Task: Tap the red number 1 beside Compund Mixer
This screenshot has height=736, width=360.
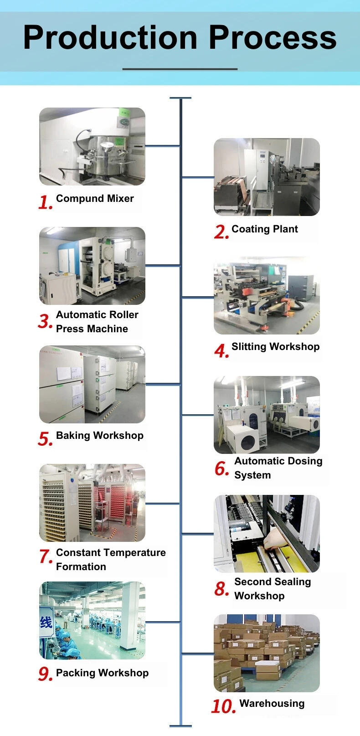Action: coord(45,202)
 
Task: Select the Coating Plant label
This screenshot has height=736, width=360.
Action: coord(264,229)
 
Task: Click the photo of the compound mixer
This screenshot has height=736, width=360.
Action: coord(92,147)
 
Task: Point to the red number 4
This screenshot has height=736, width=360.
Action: coord(221,351)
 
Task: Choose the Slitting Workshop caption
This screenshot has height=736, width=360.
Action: coord(275,347)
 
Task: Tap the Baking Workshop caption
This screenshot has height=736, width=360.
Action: coord(99,436)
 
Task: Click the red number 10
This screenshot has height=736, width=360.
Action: coord(223,706)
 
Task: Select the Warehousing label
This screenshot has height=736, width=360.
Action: coord(272,704)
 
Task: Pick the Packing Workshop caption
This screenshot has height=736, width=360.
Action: coord(102,673)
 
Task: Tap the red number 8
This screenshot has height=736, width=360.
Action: coord(221,589)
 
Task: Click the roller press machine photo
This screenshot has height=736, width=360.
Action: coord(92,266)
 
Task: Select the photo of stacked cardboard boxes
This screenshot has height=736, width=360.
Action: coord(267,653)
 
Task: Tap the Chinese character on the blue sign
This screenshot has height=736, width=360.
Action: coord(46,623)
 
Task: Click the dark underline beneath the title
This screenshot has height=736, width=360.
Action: coord(180,69)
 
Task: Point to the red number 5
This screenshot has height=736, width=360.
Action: coord(45,439)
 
